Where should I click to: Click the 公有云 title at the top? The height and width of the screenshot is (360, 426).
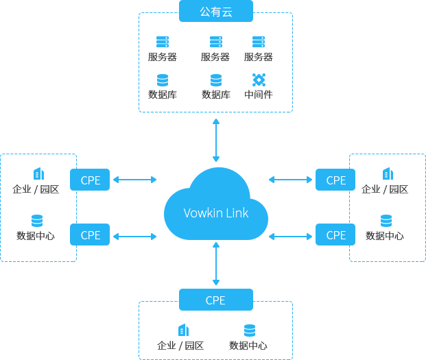(x=216, y=12)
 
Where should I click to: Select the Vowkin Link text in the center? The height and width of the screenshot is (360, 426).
(x=216, y=213)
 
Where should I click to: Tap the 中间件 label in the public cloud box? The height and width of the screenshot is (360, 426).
(x=258, y=95)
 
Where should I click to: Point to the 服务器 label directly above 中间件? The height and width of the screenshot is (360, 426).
(x=258, y=57)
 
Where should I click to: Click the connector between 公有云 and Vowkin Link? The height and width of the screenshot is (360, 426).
(x=216, y=140)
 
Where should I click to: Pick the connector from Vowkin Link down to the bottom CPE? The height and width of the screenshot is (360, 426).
(x=216, y=263)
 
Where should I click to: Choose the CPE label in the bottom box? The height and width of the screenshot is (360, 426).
(x=215, y=300)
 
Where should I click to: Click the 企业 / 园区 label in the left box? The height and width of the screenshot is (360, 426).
(x=36, y=189)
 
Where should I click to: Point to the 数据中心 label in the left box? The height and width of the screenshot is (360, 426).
(x=36, y=236)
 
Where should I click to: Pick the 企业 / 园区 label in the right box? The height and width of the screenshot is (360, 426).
(x=385, y=189)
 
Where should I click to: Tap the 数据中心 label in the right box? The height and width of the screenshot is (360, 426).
(x=385, y=236)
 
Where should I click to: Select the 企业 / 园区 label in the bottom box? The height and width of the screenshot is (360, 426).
(x=180, y=346)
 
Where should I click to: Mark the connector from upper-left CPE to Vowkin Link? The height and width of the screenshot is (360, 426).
(x=134, y=180)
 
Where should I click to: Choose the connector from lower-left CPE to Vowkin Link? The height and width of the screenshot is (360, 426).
(x=134, y=236)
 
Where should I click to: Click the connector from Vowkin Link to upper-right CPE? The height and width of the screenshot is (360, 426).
(x=291, y=180)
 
